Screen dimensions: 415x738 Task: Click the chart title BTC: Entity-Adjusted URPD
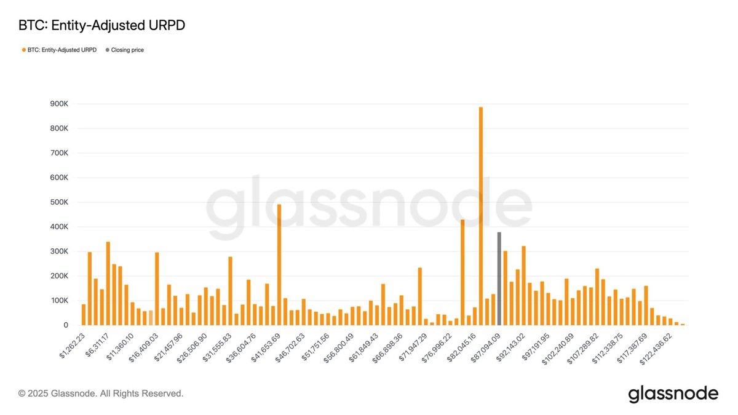point(102,26)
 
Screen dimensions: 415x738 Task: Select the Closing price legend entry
point(127,50)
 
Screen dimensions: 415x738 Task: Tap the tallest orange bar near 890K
point(481,216)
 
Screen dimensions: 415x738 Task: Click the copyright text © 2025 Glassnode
point(101,393)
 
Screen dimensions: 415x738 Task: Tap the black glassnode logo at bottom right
point(673,393)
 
